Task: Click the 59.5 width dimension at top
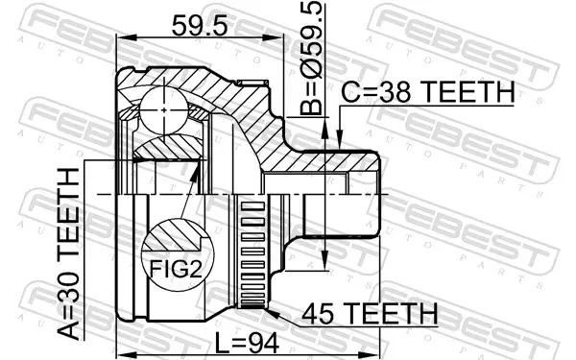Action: pos(200,26)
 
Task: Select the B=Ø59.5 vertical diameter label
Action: pos(311,58)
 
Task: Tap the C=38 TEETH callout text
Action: pos(427,92)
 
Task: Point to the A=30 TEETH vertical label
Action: pos(69,253)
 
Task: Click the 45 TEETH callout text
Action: pos(370,314)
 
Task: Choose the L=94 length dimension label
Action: pos(248,343)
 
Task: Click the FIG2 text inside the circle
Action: pos(176,269)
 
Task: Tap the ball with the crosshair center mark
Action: pos(164,109)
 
